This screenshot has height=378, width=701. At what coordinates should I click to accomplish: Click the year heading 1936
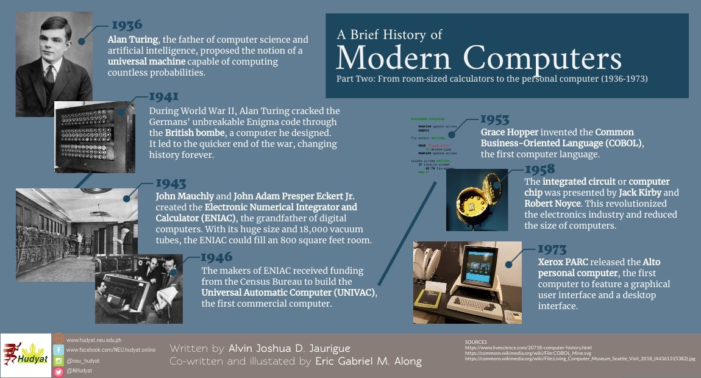tap(126, 25)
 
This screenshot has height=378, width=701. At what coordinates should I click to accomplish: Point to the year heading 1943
tap(171, 183)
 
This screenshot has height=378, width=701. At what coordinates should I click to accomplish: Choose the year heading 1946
tap(216, 257)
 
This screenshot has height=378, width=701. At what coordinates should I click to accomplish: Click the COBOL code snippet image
tap(434, 146)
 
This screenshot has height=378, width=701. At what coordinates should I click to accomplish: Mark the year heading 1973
tap(552, 249)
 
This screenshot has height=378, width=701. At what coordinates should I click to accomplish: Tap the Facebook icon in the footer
tap(59, 350)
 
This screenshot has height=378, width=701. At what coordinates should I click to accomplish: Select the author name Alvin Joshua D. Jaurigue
tap(289, 349)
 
